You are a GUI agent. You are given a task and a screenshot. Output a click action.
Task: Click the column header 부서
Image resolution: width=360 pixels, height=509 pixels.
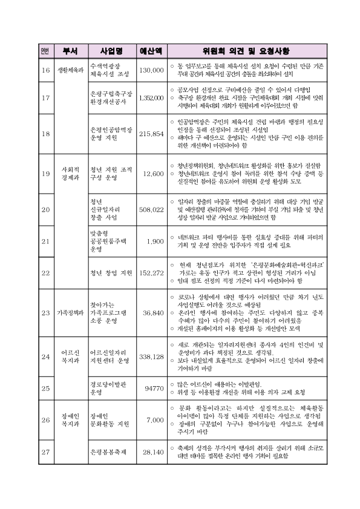tap(70, 50)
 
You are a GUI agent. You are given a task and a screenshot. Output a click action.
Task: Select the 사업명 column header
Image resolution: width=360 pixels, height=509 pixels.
tap(111, 50)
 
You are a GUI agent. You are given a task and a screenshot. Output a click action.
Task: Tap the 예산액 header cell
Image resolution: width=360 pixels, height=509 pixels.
tap(150, 50)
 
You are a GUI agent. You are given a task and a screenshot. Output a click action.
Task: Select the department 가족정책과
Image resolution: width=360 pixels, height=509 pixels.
tap(70, 313)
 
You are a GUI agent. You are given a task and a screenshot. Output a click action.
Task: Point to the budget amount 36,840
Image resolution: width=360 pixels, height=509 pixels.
tap(153, 313)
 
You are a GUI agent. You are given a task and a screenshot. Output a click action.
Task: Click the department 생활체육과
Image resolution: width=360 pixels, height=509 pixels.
tap(70, 70)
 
